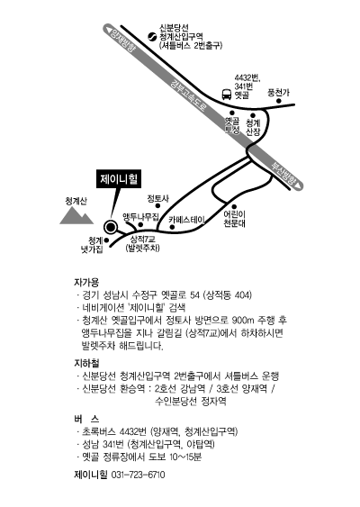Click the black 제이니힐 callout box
click(119, 179)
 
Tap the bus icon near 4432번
click(227, 94)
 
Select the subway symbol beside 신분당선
click(152, 37)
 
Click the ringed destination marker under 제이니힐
click(111, 227)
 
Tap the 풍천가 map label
click(278, 93)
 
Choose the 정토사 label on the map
click(158, 198)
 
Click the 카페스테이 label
click(186, 220)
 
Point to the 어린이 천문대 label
click(235, 219)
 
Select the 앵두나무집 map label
click(141, 216)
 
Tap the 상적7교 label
click(142, 240)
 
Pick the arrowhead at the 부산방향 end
click(300, 186)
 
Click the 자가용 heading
click(86, 282)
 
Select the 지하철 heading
click(86, 363)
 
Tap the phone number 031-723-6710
click(138, 475)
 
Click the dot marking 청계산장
click(253, 115)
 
